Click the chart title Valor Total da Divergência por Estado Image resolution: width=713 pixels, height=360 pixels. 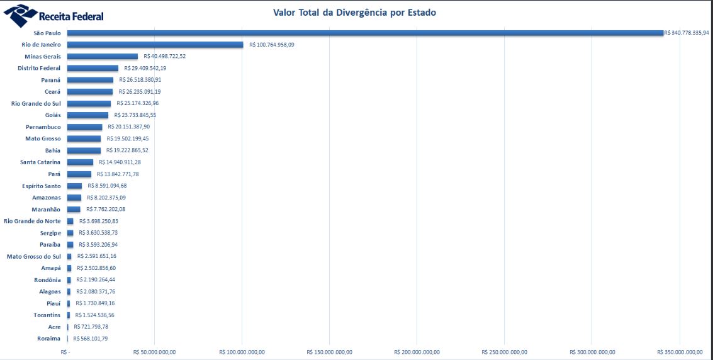tap(354, 13)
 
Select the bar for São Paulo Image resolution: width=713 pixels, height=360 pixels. tap(365, 33)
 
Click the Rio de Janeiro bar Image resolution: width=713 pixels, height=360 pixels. tap(155, 45)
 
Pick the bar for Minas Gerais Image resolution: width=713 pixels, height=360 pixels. tap(102, 57)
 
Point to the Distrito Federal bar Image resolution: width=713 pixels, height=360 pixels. tap(93, 68)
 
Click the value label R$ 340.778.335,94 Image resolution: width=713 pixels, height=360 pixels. tap(686, 33)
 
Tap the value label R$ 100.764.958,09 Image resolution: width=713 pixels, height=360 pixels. tap(281, 45)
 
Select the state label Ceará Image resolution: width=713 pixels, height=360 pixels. tap(53, 92)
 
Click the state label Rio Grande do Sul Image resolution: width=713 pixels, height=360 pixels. tap(36, 103)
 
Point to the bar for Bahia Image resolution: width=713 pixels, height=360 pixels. tap(84, 150)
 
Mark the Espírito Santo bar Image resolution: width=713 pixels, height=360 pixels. tap(74, 186)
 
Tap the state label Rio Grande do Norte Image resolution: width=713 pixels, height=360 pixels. tap(32, 221)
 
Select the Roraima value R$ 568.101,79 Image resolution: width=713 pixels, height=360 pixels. tap(91, 339)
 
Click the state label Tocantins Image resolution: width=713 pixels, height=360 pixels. tap(47, 315)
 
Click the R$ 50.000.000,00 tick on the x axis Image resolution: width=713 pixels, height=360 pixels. tap(155, 352)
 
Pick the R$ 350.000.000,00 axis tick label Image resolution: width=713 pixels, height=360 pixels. tap(680, 352)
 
